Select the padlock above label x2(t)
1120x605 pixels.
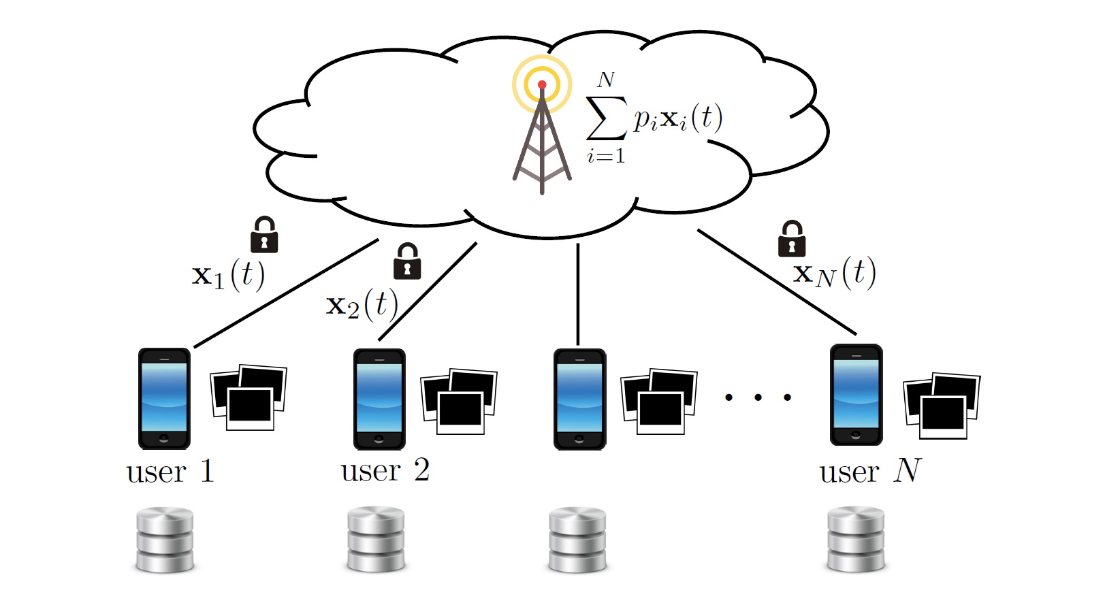(x=407, y=261)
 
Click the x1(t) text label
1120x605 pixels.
(x=228, y=275)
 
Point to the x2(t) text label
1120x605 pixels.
(x=362, y=305)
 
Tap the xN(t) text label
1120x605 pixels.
(x=834, y=274)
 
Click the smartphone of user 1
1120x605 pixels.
(x=164, y=399)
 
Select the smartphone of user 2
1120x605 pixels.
(x=379, y=399)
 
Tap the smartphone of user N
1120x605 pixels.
(x=856, y=395)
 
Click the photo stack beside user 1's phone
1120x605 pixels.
(x=249, y=398)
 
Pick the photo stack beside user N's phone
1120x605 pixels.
(x=942, y=406)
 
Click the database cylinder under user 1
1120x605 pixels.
(x=165, y=540)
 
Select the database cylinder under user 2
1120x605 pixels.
(x=376, y=539)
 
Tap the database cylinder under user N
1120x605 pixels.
(x=856, y=539)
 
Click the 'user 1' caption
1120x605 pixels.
(x=170, y=472)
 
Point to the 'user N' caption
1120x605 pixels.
(x=870, y=471)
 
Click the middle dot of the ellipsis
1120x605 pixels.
(x=758, y=397)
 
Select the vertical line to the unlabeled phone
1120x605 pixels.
(x=578, y=294)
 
